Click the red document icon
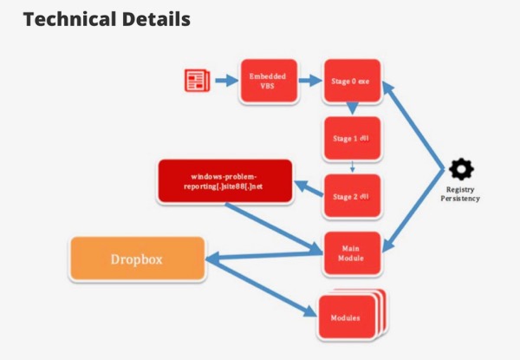198,81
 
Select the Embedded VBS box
267,82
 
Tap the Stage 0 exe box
351,82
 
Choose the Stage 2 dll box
351,196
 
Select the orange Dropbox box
137,259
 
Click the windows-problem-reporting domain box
225,181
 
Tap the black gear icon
462,169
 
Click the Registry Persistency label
462,194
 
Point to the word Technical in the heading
68,19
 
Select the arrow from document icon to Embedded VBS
225,81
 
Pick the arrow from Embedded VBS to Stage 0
309,81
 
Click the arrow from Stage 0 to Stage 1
352,108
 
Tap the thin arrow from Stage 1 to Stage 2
352,167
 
